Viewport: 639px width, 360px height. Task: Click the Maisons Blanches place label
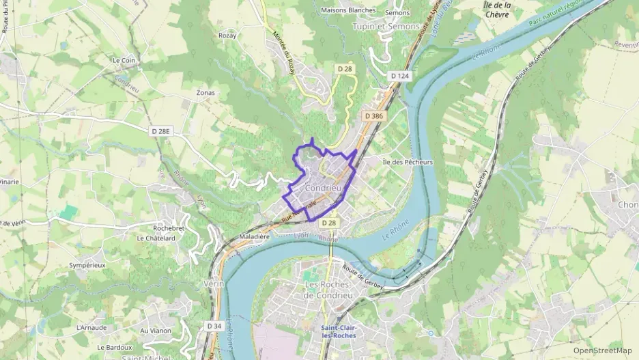click(x=347, y=10)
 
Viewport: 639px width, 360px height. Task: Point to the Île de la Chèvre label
click(x=497, y=10)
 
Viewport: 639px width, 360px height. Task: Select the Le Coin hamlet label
click(x=124, y=60)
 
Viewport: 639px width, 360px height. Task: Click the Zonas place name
click(x=205, y=93)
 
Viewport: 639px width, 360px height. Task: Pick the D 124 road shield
click(x=399, y=75)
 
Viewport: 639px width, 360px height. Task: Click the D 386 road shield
click(x=373, y=117)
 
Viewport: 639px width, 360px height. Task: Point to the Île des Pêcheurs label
click(x=408, y=162)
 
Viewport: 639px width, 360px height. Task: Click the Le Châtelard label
click(x=156, y=238)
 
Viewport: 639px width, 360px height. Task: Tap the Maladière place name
click(x=255, y=236)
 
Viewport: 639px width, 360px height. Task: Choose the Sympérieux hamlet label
click(x=87, y=265)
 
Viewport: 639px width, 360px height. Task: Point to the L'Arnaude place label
click(x=92, y=327)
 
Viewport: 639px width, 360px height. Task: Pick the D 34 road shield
click(x=214, y=327)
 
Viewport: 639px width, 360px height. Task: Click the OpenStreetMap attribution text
click(x=603, y=351)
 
